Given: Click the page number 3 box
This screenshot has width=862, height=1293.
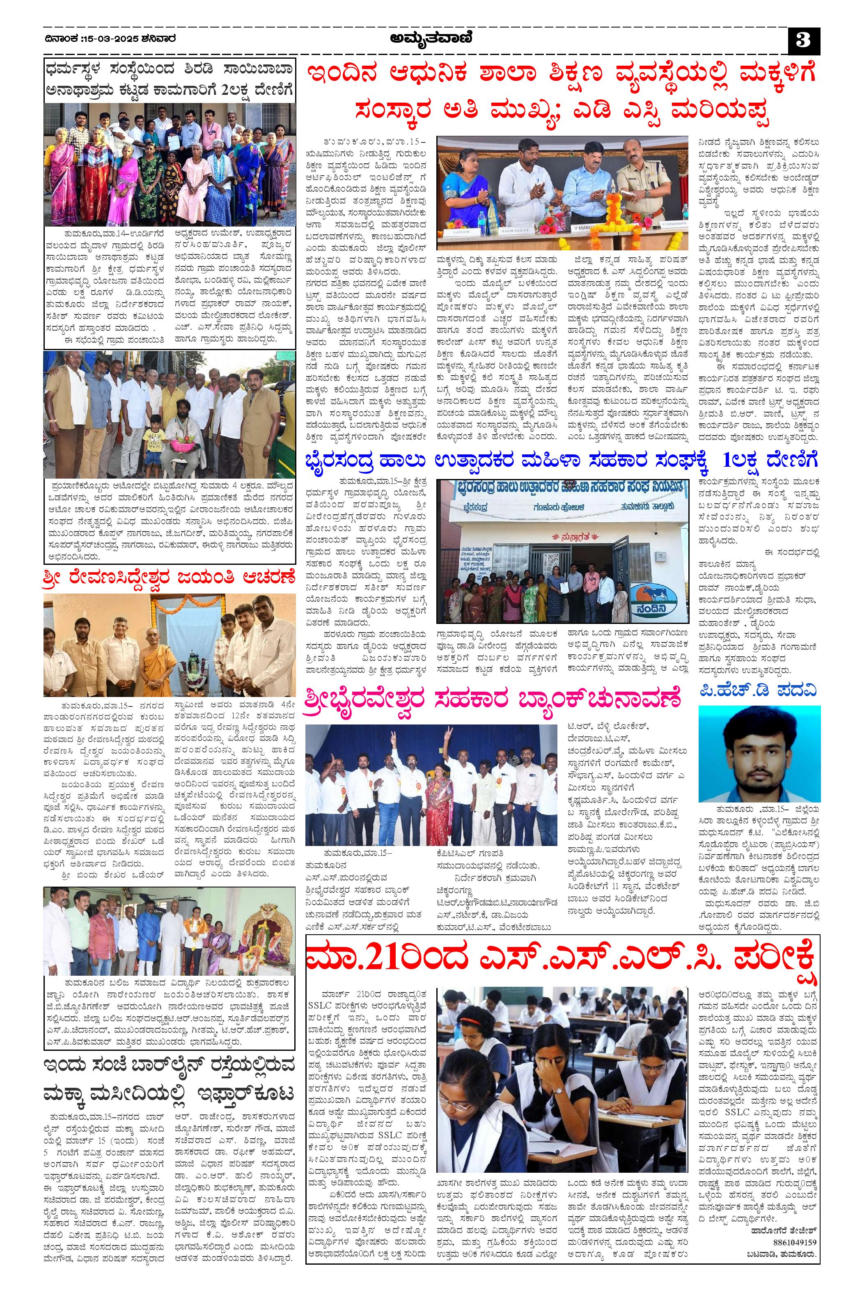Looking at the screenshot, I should point(804,42).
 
